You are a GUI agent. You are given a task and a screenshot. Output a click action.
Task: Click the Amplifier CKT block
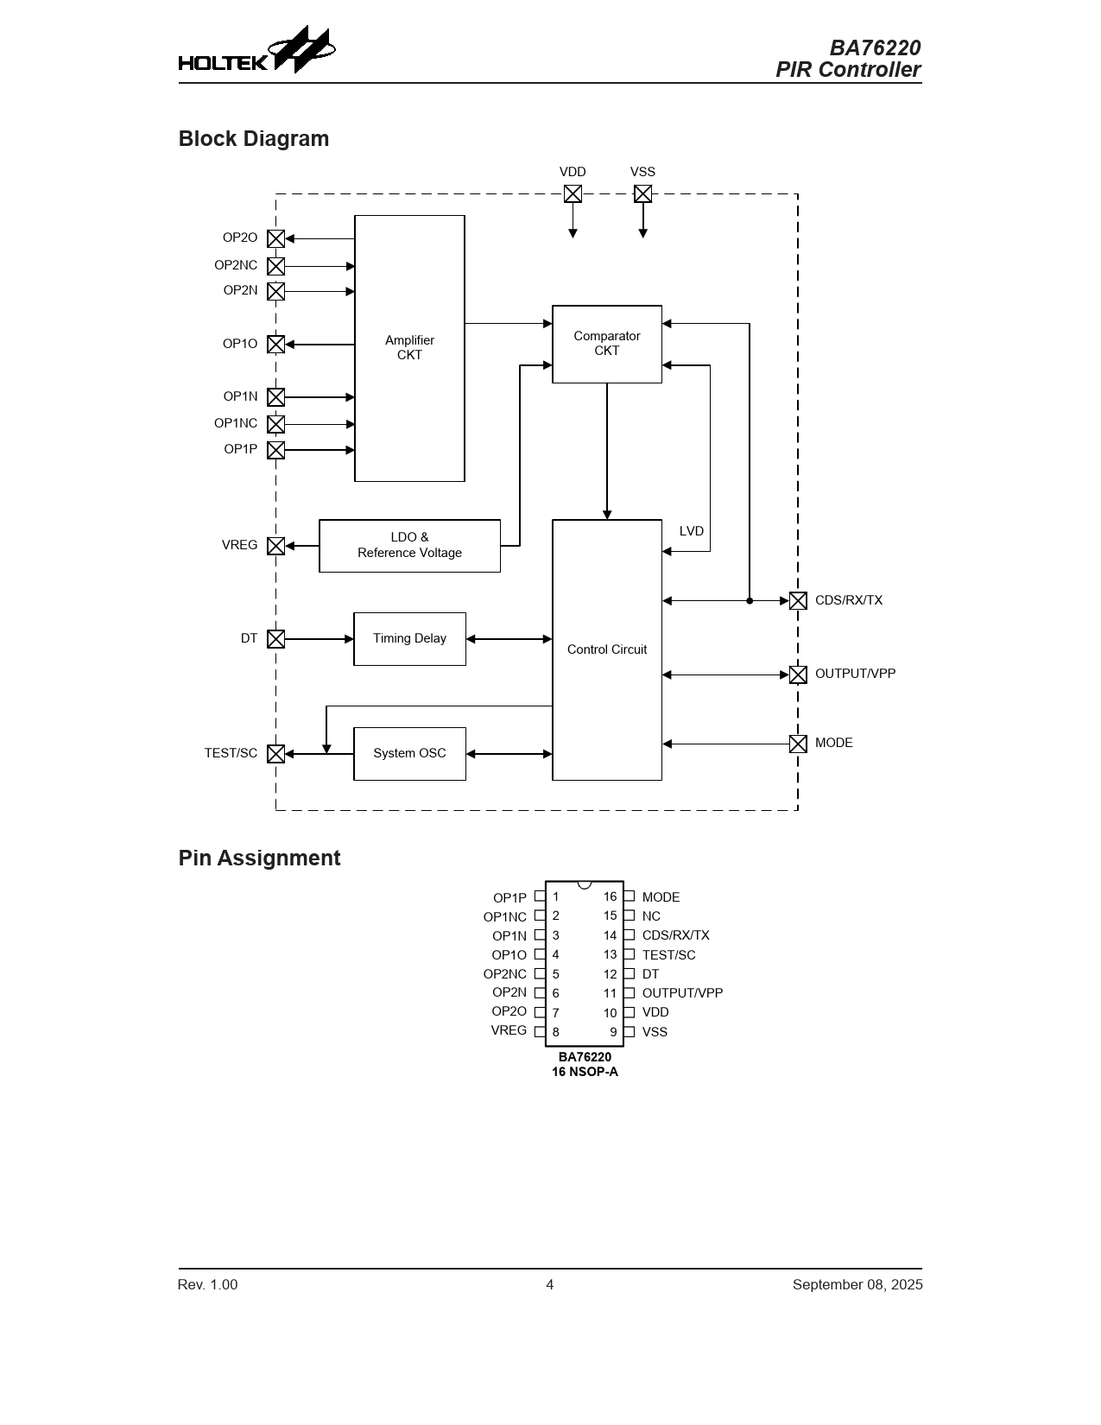pos(409,348)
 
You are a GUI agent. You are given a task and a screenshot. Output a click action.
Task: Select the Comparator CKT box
pos(606,344)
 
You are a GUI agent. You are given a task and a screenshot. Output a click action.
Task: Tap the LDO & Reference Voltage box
pos(409,545)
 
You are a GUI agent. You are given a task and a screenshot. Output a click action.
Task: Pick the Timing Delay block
pos(409,639)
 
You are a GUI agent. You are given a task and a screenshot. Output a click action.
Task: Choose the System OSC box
pos(409,753)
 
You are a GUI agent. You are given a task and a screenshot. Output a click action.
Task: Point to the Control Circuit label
pos(606,649)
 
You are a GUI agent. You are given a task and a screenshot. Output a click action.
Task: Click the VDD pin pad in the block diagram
pos(573,194)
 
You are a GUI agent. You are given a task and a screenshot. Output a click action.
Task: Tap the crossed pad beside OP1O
pos(275,345)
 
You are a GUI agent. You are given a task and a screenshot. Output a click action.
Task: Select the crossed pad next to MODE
pos(798,744)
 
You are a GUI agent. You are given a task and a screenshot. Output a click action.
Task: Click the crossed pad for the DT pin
pos(275,639)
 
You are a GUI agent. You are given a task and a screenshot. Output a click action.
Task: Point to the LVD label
pos(691,531)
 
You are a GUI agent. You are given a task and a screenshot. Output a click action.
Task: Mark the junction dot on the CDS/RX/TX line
pos(750,601)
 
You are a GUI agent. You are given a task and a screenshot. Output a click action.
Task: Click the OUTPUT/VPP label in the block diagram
pos(855,674)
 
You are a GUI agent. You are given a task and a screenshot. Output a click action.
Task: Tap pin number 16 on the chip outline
pos(610,896)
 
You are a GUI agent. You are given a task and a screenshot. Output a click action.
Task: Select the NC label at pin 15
pos(651,916)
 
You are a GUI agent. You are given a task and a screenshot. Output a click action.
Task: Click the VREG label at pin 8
pos(509,1030)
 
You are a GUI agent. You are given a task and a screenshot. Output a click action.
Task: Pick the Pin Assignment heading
pos(259,858)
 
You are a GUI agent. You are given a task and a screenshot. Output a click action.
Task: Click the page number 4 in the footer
pos(550,1284)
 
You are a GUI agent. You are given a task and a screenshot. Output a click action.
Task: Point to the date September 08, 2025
pos(857,1284)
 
